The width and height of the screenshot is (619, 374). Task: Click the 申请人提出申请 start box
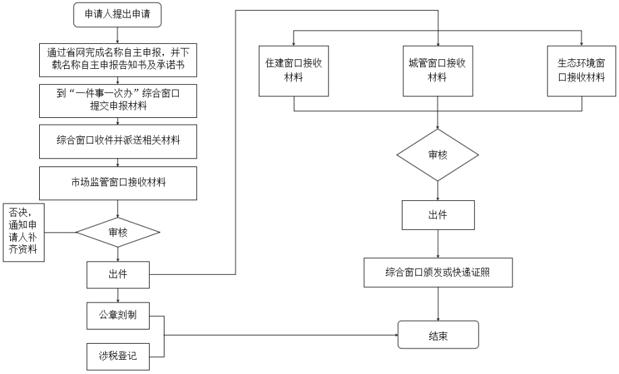click(x=117, y=15)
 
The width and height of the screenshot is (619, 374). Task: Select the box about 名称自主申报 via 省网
click(x=118, y=59)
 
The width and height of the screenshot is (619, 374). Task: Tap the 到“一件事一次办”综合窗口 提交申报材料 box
click(x=118, y=100)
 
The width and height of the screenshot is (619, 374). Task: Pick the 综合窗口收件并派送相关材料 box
click(x=118, y=142)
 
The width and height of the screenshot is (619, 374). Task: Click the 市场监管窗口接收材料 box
click(x=118, y=183)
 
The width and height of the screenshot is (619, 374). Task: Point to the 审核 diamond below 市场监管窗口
click(x=118, y=232)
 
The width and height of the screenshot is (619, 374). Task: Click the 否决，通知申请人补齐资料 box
click(x=24, y=232)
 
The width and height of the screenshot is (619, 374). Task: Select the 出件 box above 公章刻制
click(x=118, y=274)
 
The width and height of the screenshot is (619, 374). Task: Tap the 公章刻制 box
click(x=118, y=315)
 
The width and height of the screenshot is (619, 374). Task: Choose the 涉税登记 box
click(x=118, y=356)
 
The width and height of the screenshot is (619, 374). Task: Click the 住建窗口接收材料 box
click(x=294, y=71)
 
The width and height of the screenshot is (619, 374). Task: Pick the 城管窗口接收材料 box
click(x=438, y=71)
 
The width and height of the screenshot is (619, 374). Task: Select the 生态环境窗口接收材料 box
click(x=581, y=71)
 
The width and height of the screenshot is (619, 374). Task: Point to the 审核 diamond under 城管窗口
click(x=438, y=154)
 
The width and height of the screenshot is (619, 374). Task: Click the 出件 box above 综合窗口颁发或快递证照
click(x=438, y=215)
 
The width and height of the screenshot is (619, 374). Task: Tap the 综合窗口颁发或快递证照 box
click(x=438, y=273)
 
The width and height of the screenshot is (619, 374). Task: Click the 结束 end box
click(x=438, y=334)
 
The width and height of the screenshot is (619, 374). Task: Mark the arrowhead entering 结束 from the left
click(x=395, y=336)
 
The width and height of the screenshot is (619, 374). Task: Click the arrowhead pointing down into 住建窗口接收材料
click(x=294, y=43)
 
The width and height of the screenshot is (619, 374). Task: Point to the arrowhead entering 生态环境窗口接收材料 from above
click(x=581, y=43)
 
